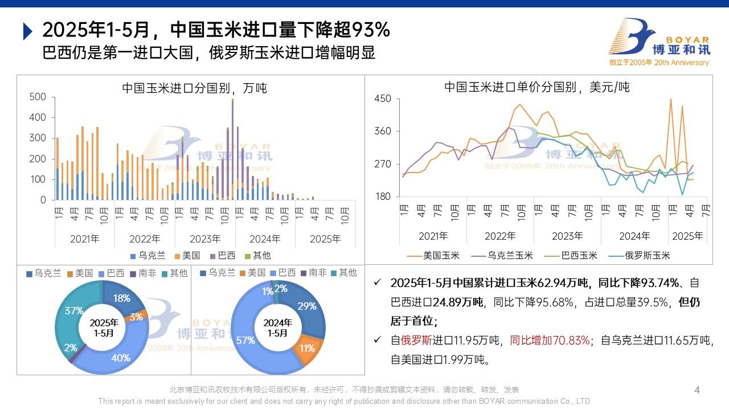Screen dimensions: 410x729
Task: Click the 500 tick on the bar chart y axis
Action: tap(38, 97)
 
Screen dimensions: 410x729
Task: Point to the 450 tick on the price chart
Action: tap(382, 99)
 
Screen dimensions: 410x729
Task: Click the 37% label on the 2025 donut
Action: tap(74, 311)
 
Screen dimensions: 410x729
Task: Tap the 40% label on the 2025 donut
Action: tap(121, 358)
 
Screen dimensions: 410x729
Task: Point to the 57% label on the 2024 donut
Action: tap(245, 341)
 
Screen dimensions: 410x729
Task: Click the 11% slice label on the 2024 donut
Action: tap(306, 348)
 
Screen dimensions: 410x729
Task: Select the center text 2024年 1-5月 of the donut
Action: tap(277, 328)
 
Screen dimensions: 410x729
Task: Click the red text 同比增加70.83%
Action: tap(550, 341)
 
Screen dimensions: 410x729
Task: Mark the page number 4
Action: tap(697, 390)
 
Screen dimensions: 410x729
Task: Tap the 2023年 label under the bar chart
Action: tap(205, 239)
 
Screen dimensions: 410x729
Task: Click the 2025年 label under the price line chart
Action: tap(687, 236)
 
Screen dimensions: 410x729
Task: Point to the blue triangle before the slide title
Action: tap(27, 31)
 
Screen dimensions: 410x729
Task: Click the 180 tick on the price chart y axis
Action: tap(382, 196)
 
